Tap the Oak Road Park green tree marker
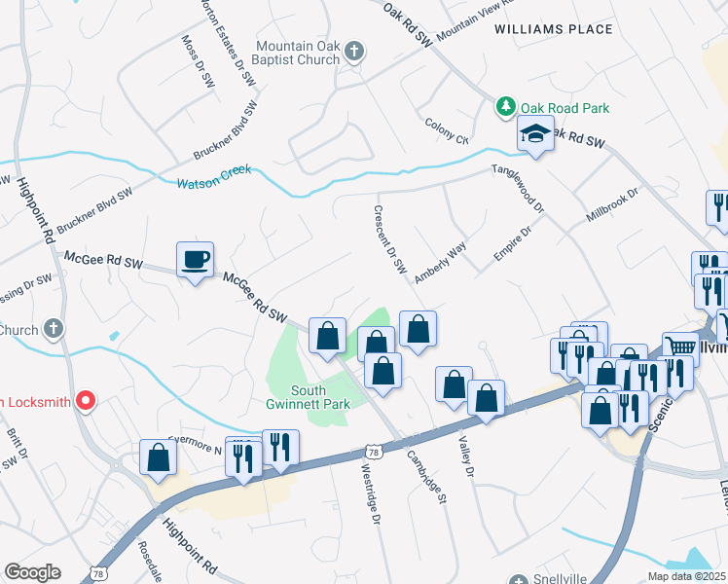[x=505, y=107]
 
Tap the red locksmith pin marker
[x=86, y=400]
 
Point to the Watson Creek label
[x=213, y=177]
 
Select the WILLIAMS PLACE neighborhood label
[x=553, y=29]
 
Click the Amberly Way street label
[x=441, y=262]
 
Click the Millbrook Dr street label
[x=612, y=203]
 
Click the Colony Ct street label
[x=447, y=130]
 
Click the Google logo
[x=32, y=572]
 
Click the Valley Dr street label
[x=464, y=456]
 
